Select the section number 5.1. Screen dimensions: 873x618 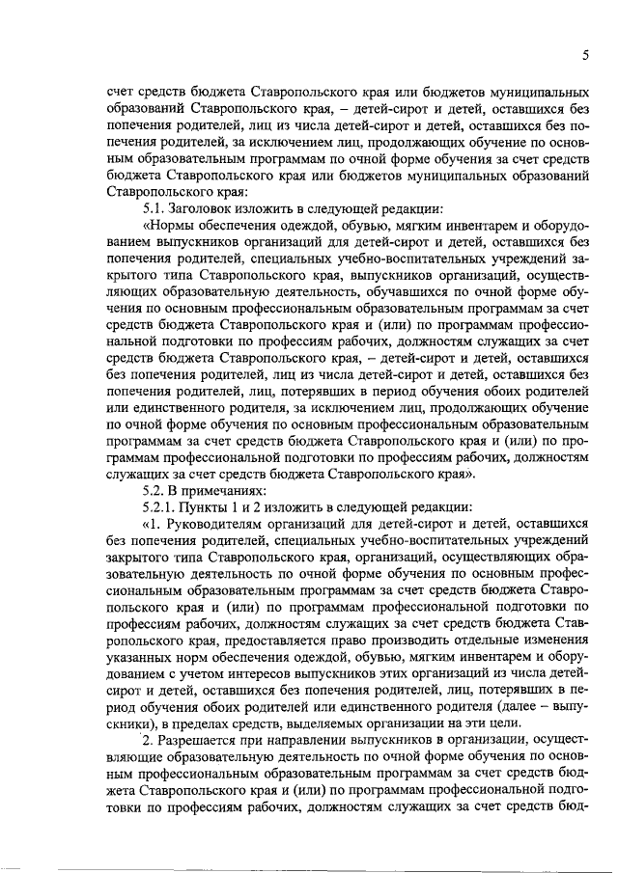point(154,208)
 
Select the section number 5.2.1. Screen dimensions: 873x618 point(160,506)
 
